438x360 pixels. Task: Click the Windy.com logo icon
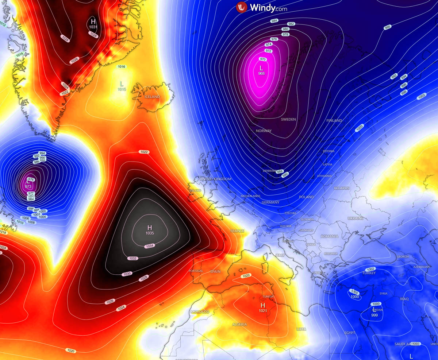[242, 7]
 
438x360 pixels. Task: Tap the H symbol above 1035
[150, 228]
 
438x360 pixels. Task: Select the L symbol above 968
[261, 68]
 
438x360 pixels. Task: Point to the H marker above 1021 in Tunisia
[262, 305]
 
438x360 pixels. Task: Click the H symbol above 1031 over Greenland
[93, 21]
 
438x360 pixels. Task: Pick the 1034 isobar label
[150, 246]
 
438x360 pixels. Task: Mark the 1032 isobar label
[133, 258]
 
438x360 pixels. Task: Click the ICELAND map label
[152, 97]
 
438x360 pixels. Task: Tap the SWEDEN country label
[288, 119]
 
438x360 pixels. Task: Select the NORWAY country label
[264, 131]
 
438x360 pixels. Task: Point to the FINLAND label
[334, 120]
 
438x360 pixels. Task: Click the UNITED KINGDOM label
[215, 179]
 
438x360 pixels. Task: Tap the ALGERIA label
[239, 324]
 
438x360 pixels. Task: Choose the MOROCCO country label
[200, 312]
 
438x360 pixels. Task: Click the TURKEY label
[369, 273]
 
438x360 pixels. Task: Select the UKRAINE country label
[355, 218]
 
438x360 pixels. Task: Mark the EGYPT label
[350, 333]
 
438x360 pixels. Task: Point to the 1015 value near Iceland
[122, 89]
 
